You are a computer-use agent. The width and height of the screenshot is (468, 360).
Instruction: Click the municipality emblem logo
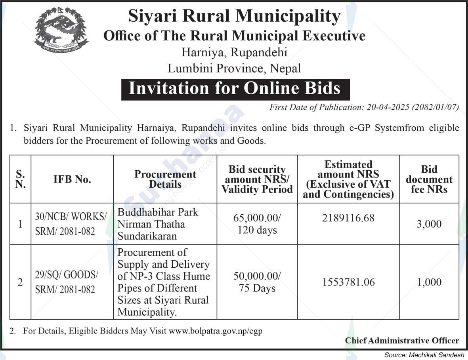(61, 32)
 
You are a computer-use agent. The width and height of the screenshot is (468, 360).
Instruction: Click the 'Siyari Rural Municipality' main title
(234, 17)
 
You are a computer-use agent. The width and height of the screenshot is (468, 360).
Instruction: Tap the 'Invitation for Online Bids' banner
(235, 88)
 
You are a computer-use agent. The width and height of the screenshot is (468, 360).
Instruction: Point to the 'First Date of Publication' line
(364, 107)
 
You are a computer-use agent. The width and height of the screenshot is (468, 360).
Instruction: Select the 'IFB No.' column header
(72, 179)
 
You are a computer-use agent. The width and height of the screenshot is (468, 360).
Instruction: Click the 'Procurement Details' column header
(165, 179)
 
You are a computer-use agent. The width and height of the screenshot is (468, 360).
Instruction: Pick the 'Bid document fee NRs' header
(429, 179)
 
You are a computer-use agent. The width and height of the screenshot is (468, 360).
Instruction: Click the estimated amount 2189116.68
(348, 218)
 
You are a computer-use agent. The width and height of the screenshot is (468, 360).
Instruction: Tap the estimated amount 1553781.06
(348, 282)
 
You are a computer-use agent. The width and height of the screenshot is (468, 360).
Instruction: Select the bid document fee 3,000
(429, 224)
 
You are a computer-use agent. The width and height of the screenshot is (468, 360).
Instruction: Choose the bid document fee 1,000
(429, 282)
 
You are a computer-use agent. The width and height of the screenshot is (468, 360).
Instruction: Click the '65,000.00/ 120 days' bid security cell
(257, 224)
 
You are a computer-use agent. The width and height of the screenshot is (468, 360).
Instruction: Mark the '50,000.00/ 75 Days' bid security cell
(257, 282)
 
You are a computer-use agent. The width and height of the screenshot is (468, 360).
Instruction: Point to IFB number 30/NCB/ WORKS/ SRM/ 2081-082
(71, 224)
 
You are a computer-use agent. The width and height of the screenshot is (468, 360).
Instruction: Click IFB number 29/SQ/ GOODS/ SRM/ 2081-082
(67, 282)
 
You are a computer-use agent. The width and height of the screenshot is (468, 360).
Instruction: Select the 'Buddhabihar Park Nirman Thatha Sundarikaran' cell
(158, 224)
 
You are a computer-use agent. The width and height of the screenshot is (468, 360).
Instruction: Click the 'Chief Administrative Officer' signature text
(402, 341)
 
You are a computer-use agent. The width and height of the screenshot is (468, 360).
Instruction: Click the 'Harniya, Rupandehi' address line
(234, 52)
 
